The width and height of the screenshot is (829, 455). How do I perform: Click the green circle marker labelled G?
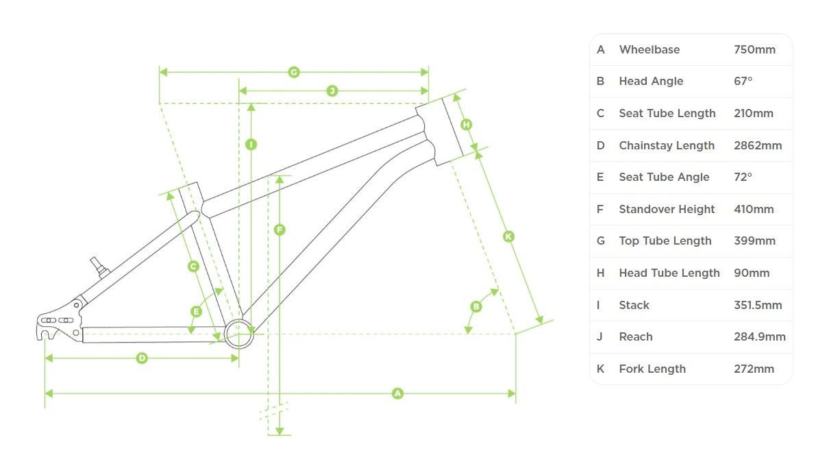tap(294, 72)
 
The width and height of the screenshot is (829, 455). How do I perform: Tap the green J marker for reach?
tap(332, 90)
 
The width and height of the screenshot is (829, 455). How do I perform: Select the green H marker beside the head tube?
tap(467, 124)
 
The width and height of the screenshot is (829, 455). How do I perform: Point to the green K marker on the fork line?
tap(508, 236)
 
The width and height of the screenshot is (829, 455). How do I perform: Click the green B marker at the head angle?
tap(476, 306)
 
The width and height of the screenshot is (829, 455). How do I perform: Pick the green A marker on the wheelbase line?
tap(397, 393)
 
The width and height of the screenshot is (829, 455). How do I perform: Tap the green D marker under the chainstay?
tap(142, 358)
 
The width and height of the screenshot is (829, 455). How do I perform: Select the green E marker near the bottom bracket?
tap(196, 312)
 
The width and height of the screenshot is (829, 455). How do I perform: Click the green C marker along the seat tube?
tap(193, 266)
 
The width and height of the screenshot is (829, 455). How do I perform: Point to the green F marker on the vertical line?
tap(279, 230)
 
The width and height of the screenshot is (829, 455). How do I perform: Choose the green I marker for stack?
tap(251, 144)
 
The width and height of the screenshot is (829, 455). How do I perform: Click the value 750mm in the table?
tap(754, 49)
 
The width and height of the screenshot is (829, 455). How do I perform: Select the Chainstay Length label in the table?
tap(666, 145)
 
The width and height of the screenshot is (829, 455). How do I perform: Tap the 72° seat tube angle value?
tap(743, 177)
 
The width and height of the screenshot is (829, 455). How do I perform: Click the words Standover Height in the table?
tap(667, 209)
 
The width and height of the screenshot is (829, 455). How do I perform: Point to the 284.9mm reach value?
tap(759, 336)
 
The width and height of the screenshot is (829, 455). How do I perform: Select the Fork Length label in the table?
tap(652, 369)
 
